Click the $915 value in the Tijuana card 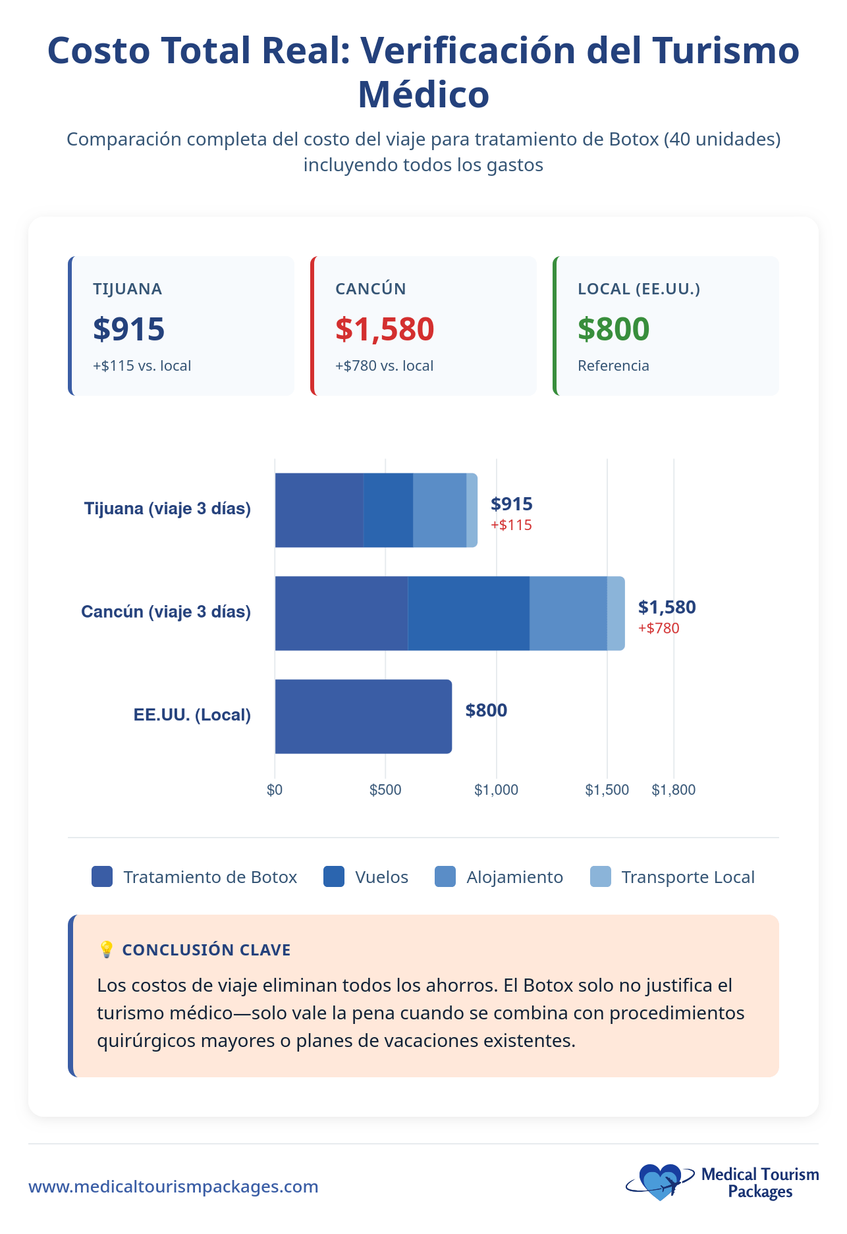coord(128,329)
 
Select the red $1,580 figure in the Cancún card coord(385,329)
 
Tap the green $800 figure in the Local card coord(613,329)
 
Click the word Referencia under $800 coord(613,365)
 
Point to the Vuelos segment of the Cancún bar coord(468,613)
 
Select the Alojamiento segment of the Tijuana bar coord(439,510)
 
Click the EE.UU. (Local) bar coord(363,716)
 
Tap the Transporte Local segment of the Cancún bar coord(616,613)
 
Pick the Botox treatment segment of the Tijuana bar coord(319,510)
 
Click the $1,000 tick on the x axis coord(496,790)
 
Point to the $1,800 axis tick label coord(673,790)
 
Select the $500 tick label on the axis coord(385,790)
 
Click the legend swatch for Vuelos coord(334,877)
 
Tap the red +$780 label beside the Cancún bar coord(659,628)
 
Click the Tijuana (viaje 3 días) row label coord(167,508)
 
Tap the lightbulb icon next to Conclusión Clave coord(106,949)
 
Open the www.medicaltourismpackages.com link coord(173,1187)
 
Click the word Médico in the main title coord(423,94)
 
